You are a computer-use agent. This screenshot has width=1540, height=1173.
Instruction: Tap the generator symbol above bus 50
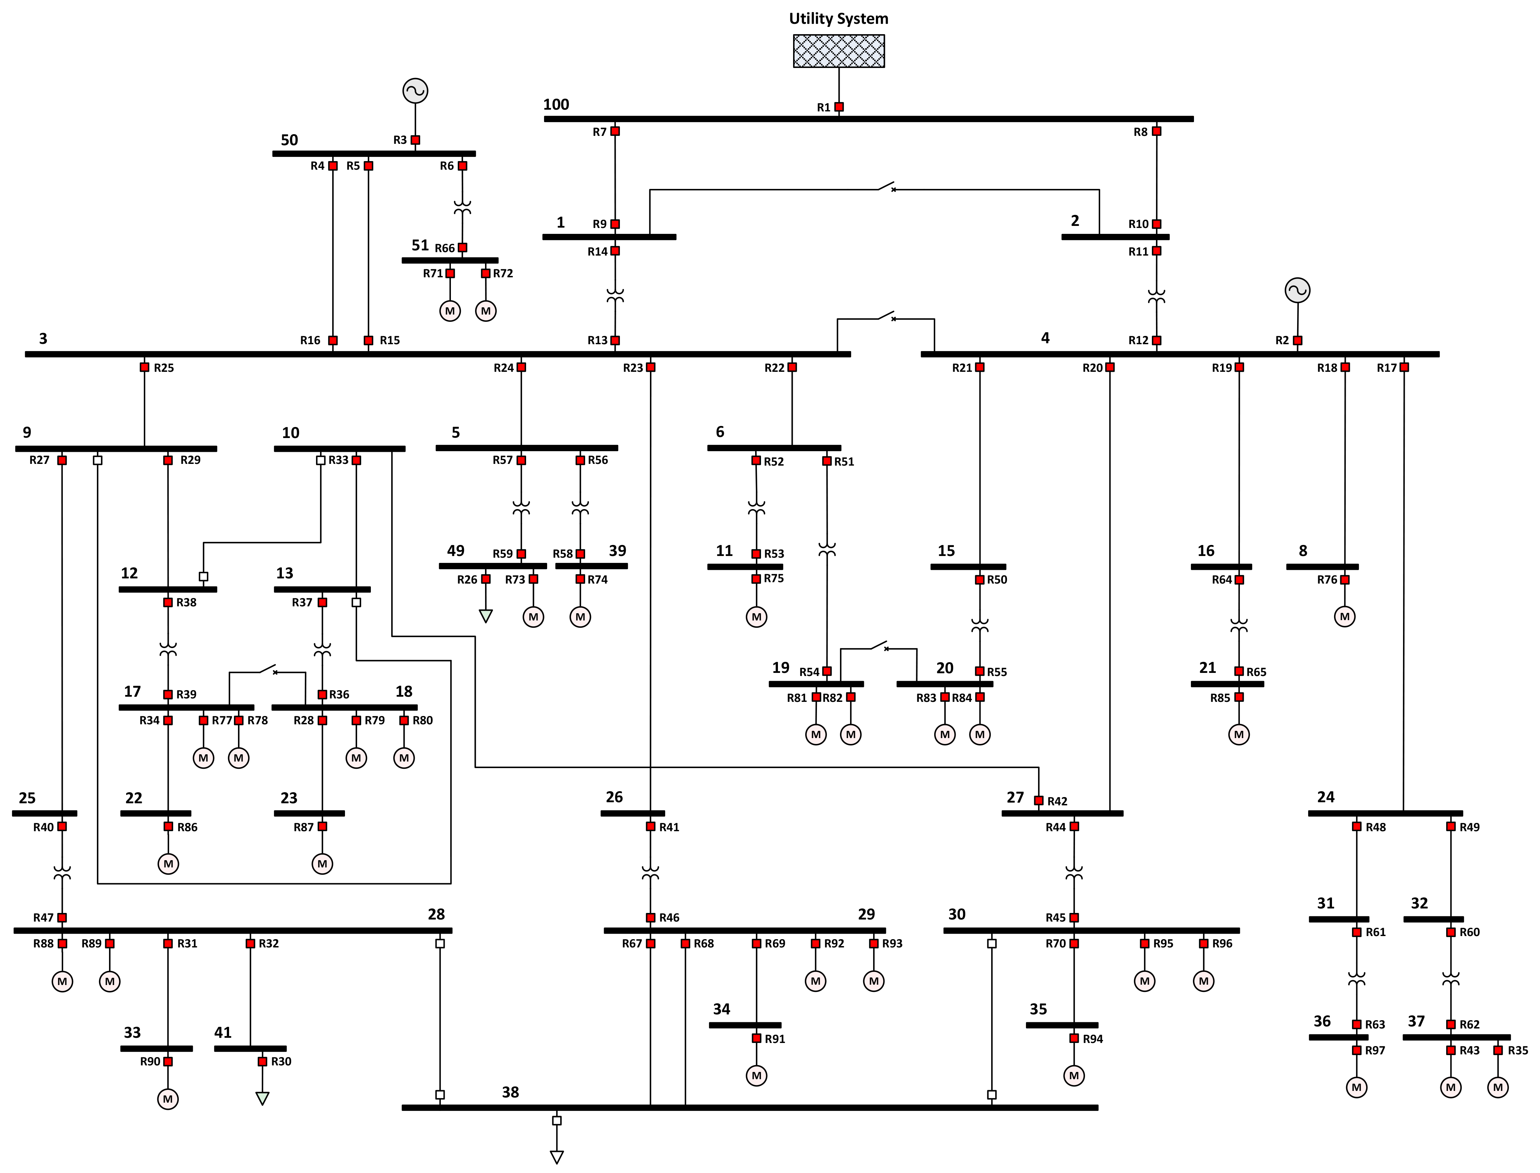[416, 91]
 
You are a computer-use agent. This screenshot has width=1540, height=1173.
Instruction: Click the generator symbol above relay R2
[1298, 290]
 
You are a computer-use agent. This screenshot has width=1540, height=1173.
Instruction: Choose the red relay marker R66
[462, 248]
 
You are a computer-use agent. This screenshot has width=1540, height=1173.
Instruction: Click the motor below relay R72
[486, 311]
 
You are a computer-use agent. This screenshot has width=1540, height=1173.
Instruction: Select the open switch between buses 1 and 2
[887, 187]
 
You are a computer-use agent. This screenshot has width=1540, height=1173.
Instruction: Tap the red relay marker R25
[145, 367]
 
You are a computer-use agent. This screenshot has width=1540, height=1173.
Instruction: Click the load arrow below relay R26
[486, 616]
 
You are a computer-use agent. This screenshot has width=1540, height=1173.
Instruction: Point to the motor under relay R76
[1345, 617]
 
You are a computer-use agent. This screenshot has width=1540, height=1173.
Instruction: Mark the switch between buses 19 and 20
[879, 646]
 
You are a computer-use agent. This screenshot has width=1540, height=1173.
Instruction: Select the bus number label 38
[511, 1092]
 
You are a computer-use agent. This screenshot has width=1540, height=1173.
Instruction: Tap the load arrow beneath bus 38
[557, 1157]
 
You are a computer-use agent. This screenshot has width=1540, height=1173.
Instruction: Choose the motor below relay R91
[757, 1076]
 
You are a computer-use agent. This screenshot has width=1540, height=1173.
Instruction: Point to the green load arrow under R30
[263, 1098]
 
